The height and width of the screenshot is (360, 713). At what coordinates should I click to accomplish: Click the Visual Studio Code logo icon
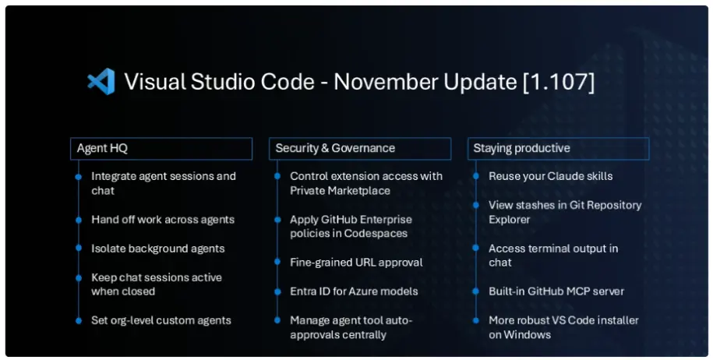101,82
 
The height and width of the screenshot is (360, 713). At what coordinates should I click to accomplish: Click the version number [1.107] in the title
559,83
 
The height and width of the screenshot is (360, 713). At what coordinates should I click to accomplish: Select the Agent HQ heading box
161,149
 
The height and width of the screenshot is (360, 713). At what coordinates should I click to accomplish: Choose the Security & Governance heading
335,148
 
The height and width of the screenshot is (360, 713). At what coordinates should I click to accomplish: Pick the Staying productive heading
521,149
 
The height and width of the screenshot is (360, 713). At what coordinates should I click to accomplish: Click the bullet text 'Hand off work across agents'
163,220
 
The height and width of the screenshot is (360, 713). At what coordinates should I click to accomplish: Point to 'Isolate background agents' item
157,249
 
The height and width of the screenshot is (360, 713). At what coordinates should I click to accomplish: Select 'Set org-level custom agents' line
161,320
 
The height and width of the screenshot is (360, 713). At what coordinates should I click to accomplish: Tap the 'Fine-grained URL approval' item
357,263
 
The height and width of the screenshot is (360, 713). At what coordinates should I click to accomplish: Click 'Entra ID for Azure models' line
354,291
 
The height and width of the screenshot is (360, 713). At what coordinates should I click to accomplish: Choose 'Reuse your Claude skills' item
551,176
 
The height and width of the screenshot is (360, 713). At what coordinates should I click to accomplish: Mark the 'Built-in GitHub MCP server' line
556,291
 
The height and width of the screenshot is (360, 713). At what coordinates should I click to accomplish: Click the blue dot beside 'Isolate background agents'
79,248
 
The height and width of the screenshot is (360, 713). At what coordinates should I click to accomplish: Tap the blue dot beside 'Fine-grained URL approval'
277,262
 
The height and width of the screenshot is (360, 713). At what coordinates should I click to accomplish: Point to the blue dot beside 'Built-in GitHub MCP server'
475,291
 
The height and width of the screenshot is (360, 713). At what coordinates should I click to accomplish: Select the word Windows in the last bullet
527,335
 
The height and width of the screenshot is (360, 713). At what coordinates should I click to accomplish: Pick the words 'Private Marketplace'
340,191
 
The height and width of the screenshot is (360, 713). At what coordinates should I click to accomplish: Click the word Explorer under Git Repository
510,220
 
